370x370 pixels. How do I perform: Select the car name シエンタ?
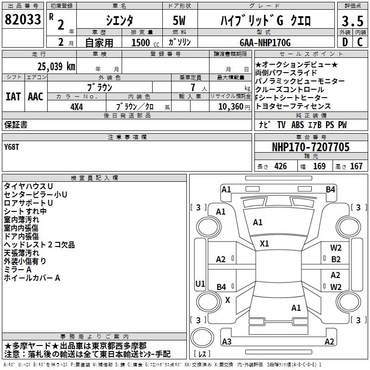click(119, 21)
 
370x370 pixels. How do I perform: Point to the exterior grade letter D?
click(344, 42)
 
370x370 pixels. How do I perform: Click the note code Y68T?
click(12, 147)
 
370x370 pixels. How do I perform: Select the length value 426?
click(280, 166)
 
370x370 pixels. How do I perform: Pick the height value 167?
click(356, 166)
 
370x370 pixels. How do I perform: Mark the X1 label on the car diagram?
click(265, 243)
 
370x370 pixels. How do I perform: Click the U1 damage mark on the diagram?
click(200, 283)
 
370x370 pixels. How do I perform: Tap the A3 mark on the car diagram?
click(227, 342)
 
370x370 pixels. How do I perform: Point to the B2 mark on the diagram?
click(336, 259)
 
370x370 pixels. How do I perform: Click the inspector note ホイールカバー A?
click(32, 278)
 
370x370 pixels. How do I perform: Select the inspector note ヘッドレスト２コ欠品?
click(39, 245)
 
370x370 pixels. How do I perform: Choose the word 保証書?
click(16, 124)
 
